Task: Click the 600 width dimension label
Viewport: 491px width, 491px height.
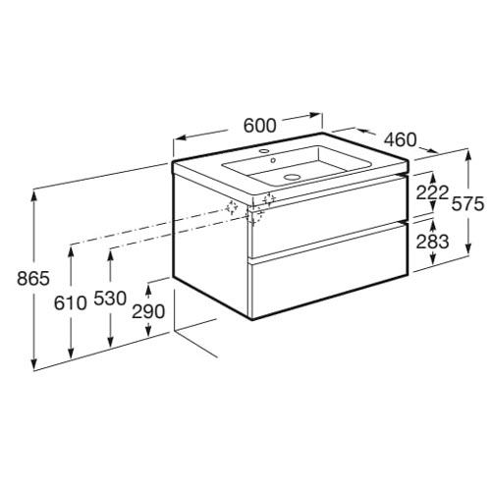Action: [x=260, y=126]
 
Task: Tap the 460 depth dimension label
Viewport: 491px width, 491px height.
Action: [x=401, y=139]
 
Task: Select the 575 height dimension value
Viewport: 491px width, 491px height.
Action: [x=467, y=204]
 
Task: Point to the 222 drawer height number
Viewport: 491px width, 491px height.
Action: [x=432, y=192]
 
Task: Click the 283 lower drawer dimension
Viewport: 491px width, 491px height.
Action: [x=432, y=242]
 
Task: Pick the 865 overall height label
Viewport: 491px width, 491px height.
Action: [x=33, y=279]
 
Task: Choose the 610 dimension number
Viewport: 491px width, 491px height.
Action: [x=71, y=303]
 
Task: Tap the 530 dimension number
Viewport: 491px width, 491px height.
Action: [x=110, y=299]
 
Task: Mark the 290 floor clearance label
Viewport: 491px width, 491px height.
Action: [x=148, y=311]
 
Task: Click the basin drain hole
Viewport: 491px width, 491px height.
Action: [x=292, y=177]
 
